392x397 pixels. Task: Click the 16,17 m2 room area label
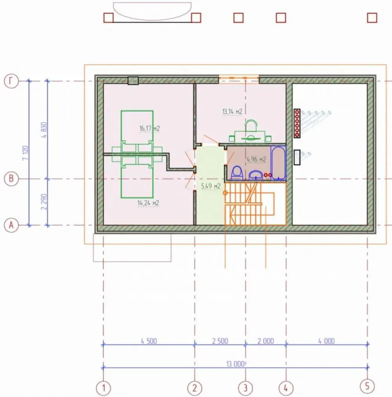click(x=150, y=128)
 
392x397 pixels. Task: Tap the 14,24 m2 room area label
click(x=148, y=203)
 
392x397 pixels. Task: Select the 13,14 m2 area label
click(x=232, y=112)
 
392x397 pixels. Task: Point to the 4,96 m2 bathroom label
click(x=256, y=159)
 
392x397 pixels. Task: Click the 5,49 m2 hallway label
click(x=211, y=186)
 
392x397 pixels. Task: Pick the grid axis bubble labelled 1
click(x=103, y=388)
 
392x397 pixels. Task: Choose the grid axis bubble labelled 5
click(x=367, y=386)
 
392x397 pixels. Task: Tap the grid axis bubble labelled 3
click(x=245, y=388)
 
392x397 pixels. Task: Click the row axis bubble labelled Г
click(x=11, y=81)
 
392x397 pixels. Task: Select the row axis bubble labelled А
click(x=11, y=225)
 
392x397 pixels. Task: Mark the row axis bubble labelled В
click(x=11, y=179)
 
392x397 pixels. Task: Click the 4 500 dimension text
click(x=149, y=341)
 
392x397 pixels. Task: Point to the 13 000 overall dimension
click(x=236, y=364)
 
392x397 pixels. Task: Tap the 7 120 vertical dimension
click(x=25, y=153)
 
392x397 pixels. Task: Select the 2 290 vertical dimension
click(x=44, y=202)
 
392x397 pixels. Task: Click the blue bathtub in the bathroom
click(x=278, y=163)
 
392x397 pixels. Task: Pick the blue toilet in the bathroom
click(x=237, y=173)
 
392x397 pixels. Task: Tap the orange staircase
click(x=255, y=204)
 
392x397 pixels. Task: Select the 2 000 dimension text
click(x=266, y=341)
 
